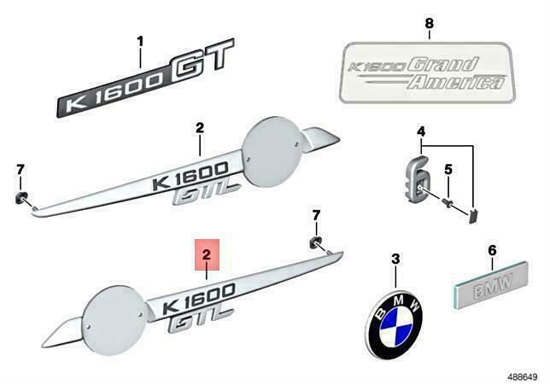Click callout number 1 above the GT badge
coord(142,41)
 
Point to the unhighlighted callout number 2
coord(199,129)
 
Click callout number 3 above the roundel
coord(395,258)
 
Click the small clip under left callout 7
coord(20,200)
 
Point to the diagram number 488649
coord(522,373)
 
